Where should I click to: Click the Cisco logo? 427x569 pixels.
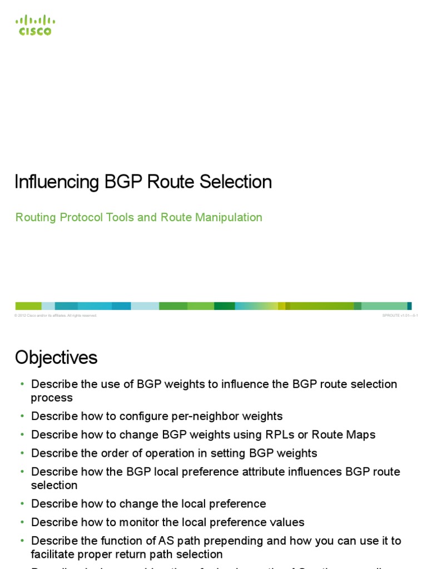tap(35, 25)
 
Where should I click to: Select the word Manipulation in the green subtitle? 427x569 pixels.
tap(229, 217)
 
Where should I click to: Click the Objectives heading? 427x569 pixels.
tap(56, 357)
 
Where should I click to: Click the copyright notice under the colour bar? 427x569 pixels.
tap(56, 316)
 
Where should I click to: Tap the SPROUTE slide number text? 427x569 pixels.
tap(400, 316)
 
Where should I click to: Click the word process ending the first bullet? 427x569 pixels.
tap(52, 398)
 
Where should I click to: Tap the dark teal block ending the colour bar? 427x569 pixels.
tap(409, 306)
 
